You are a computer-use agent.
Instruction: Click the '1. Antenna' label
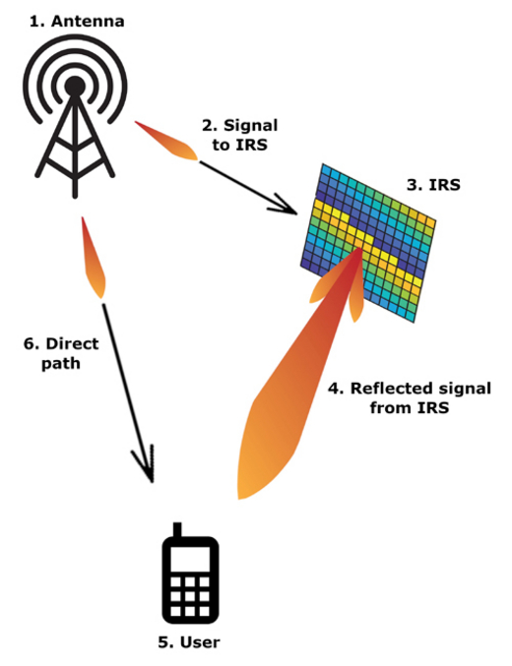(x=77, y=22)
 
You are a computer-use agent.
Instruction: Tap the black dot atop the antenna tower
(x=75, y=86)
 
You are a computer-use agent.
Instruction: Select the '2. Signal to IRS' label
(x=240, y=135)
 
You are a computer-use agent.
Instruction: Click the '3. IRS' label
(x=433, y=185)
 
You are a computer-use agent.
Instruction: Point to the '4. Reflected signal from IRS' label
(x=410, y=398)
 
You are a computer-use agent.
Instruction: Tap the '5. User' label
(x=189, y=641)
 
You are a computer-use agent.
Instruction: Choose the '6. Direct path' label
(x=61, y=353)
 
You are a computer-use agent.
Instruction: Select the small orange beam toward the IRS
(x=166, y=141)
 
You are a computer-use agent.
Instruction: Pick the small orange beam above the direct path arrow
(x=94, y=258)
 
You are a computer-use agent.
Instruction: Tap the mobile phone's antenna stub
(x=177, y=529)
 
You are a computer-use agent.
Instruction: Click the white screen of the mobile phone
(x=190, y=559)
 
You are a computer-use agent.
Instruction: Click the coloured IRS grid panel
(x=368, y=243)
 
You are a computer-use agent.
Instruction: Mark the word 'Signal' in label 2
(x=250, y=126)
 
